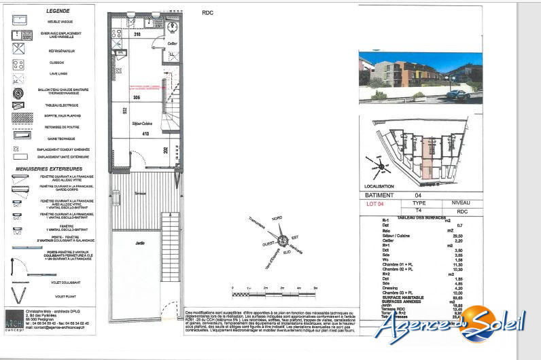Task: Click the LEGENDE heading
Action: click(57, 12)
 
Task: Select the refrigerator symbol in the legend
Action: click(19, 51)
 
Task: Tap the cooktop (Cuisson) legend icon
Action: click(19, 65)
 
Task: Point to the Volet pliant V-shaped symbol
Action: click(19, 295)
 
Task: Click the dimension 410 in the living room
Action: click(145, 134)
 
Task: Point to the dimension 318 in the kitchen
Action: click(136, 34)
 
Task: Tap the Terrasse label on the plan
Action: click(140, 194)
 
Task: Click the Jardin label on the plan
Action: click(140, 242)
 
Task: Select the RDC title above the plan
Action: click(208, 12)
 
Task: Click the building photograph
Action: click(420, 77)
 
